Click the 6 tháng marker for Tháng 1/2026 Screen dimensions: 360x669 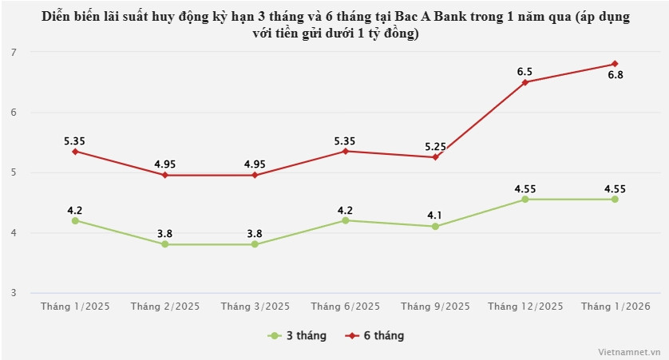pos(615,64)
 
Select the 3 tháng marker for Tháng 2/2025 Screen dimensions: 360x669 pos(164,244)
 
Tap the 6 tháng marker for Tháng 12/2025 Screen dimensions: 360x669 pos(525,82)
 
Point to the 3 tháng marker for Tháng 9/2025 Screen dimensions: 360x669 pos(435,226)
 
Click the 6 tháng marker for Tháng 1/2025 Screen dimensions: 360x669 pos(75,151)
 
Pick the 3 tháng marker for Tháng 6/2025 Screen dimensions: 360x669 pos(345,220)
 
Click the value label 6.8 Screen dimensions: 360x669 pos(615,75)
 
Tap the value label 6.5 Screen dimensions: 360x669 pos(525,71)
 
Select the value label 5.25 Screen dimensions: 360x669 pos(435,146)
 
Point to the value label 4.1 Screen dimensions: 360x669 pos(435,216)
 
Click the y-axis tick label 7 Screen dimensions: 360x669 pos(14,52)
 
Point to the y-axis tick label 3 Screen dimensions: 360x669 pos(14,293)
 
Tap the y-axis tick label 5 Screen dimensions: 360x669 pos(14,172)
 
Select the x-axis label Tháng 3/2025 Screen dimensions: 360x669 pos(255,306)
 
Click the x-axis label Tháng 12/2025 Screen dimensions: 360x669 pos(525,306)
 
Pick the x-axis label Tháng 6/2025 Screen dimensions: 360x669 pos(345,306)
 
